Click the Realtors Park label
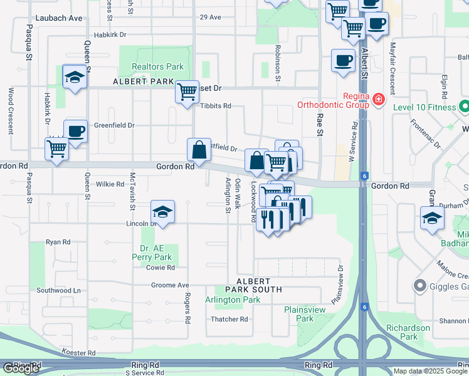[x=157, y=66]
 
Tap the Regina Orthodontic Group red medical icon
[x=378, y=99]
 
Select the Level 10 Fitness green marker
[x=463, y=107]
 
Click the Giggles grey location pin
[x=419, y=286]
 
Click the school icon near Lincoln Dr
[x=162, y=212]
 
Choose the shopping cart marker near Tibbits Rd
[x=187, y=92]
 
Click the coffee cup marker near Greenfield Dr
[x=75, y=132]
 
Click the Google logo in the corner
[x=21, y=368]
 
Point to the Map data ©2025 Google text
[x=430, y=371]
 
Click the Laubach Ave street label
[x=59, y=18]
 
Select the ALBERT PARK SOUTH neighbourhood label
[x=259, y=285]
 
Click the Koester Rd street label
[x=78, y=353]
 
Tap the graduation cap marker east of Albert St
[x=433, y=219]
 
